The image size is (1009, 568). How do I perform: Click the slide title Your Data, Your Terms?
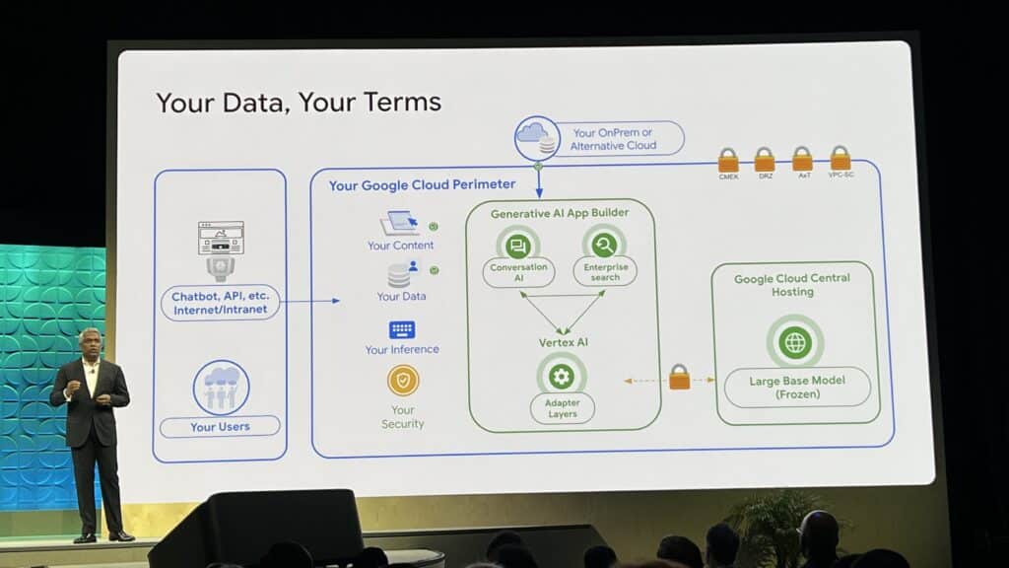(299, 103)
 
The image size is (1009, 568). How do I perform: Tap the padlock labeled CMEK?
(728, 160)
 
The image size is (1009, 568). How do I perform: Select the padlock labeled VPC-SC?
(841, 158)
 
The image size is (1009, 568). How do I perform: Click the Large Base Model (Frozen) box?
(797, 388)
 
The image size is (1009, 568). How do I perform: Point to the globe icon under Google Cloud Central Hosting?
(795, 342)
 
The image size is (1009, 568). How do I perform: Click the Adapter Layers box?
(562, 408)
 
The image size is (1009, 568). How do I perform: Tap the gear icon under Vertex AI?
(562, 375)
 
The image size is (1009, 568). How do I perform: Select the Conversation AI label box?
(518, 271)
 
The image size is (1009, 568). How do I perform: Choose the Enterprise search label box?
(605, 271)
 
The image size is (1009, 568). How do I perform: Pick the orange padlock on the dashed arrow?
(680, 378)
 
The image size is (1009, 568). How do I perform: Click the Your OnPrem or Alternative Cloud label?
(613, 139)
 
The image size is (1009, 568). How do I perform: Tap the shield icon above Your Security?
(403, 380)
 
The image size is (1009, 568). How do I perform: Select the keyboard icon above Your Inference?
(402, 329)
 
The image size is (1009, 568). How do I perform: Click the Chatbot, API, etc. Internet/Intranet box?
(220, 303)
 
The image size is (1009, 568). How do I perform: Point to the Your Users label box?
(220, 427)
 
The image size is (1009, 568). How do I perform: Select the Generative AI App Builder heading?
(560, 213)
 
